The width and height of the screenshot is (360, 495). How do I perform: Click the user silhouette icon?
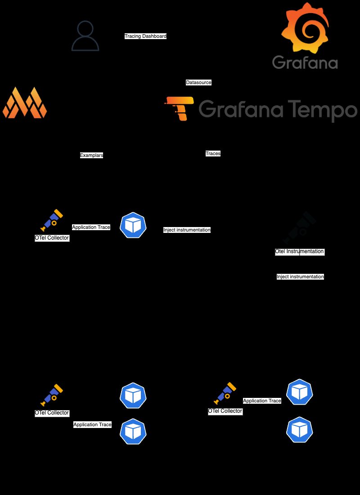[85, 36]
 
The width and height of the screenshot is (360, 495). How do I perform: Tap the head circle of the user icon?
[85, 28]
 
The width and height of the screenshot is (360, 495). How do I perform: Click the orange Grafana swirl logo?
[305, 28]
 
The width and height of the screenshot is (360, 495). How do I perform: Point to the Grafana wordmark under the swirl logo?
[305, 62]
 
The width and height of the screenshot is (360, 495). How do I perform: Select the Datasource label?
[198, 82]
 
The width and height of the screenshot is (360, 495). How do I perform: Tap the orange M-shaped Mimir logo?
[25, 103]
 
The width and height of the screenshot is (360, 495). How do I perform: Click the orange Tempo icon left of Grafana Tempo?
[179, 109]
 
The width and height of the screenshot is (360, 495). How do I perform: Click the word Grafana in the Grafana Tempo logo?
[241, 109]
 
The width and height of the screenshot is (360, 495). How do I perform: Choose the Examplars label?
[92, 155]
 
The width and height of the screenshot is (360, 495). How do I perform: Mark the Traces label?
[213, 153]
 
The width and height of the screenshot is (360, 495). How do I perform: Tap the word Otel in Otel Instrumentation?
[280, 252]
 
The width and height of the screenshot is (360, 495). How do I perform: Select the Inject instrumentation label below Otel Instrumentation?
[300, 277]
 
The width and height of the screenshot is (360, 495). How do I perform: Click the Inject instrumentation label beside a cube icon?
[187, 230]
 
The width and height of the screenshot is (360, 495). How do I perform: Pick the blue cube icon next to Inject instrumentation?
[133, 225]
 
